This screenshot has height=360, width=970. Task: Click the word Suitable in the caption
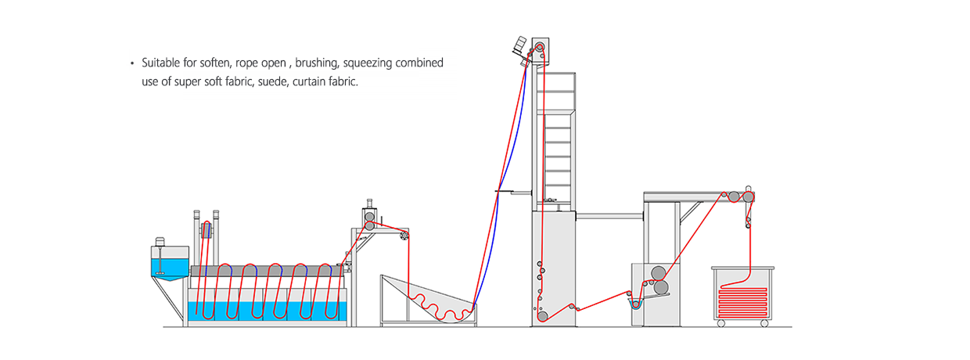point(160,63)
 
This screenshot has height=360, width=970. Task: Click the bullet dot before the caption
point(132,63)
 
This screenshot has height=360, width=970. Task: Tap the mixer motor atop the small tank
point(160,241)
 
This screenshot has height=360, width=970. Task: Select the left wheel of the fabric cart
point(721,323)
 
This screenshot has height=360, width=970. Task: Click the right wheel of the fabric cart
point(764,323)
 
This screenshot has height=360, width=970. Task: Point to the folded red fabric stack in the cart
point(742,301)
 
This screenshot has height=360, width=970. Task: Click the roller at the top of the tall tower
point(540,47)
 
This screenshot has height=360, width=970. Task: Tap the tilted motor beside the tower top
point(519,45)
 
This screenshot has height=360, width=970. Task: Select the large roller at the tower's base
point(542,316)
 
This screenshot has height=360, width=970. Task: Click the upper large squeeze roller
point(659,273)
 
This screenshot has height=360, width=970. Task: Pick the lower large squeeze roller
point(661,287)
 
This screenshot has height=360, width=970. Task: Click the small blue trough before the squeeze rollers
point(635,303)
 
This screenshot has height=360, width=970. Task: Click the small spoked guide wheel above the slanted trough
point(404,236)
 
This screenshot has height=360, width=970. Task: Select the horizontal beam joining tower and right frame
point(609,216)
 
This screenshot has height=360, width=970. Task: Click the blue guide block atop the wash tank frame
point(207,230)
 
